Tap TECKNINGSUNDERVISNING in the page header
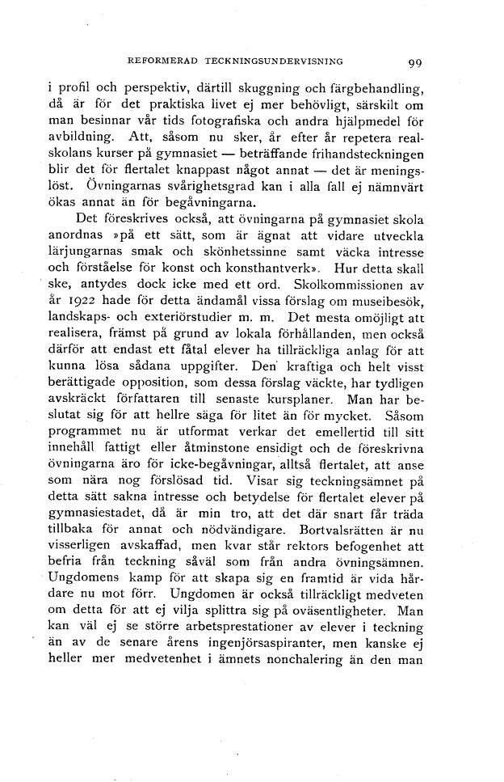(275, 60)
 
